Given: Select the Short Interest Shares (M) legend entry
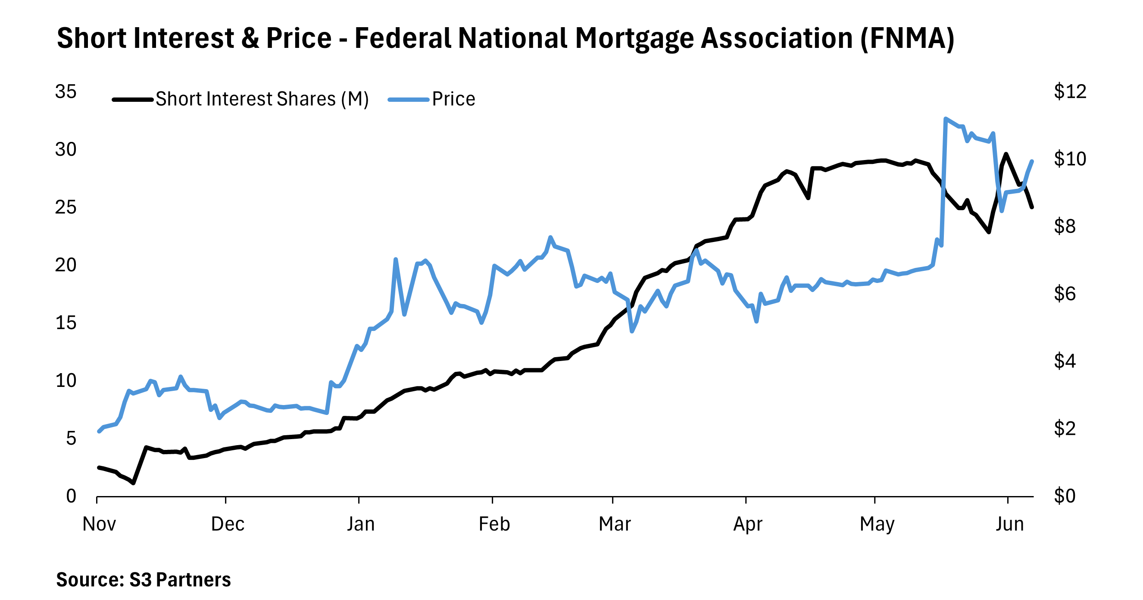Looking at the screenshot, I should click(x=262, y=99).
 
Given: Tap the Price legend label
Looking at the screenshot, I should click(x=453, y=99).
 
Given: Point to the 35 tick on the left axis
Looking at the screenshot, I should click(x=66, y=92).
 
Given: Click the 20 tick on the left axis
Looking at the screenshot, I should click(x=66, y=266).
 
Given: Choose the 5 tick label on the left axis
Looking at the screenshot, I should click(x=71, y=439).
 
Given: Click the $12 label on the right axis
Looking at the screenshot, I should click(x=1070, y=92).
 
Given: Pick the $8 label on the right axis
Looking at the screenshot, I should click(x=1065, y=226).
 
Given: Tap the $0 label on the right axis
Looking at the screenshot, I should click(x=1065, y=496).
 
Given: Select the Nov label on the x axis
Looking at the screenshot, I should click(x=99, y=525).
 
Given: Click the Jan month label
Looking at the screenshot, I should click(x=360, y=525).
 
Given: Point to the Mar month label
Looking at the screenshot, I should click(x=615, y=525).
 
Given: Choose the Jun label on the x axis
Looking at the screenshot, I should click(x=1009, y=525).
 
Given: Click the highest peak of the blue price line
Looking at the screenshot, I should click(x=946, y=119).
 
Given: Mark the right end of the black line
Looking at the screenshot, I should click(x=1032, y=207).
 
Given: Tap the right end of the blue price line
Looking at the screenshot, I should click(x=1032, y=161).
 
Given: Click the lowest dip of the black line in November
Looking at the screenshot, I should click(x=133, y=483).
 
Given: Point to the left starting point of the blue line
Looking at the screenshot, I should click(x=99, y=431).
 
